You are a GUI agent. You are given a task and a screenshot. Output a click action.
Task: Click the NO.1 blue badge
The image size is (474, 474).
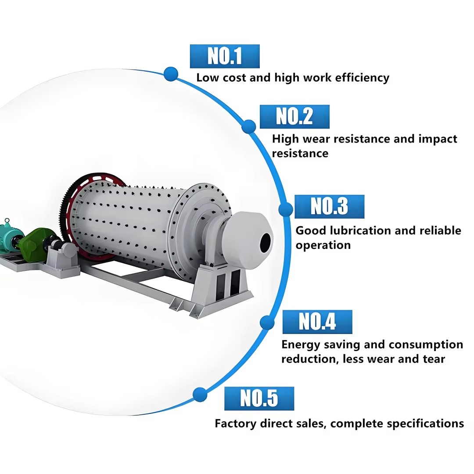[225, 56]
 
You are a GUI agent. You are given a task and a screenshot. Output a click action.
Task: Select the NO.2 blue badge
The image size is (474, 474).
[294, 117]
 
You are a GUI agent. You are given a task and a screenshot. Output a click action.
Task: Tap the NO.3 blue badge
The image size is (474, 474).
[330, 207]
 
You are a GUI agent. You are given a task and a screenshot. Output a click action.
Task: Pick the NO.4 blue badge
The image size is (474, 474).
[317, 322]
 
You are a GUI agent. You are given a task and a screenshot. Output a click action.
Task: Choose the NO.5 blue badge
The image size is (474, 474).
[259, 399]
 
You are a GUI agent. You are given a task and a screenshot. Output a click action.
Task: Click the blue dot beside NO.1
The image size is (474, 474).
[171, 74]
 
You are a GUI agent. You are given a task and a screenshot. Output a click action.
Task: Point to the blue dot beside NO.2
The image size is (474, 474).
[249, 126]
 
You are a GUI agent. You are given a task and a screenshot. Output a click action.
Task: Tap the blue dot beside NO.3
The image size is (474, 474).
[286, 209]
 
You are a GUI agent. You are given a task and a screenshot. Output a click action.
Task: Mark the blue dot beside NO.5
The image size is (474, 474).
[200, 395]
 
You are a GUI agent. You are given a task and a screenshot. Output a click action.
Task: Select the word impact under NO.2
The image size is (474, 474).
[438, 140]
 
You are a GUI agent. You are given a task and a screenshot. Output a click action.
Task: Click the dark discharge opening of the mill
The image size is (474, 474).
[265, 242]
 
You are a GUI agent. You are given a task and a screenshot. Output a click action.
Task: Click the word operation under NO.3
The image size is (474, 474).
[323, 245]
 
